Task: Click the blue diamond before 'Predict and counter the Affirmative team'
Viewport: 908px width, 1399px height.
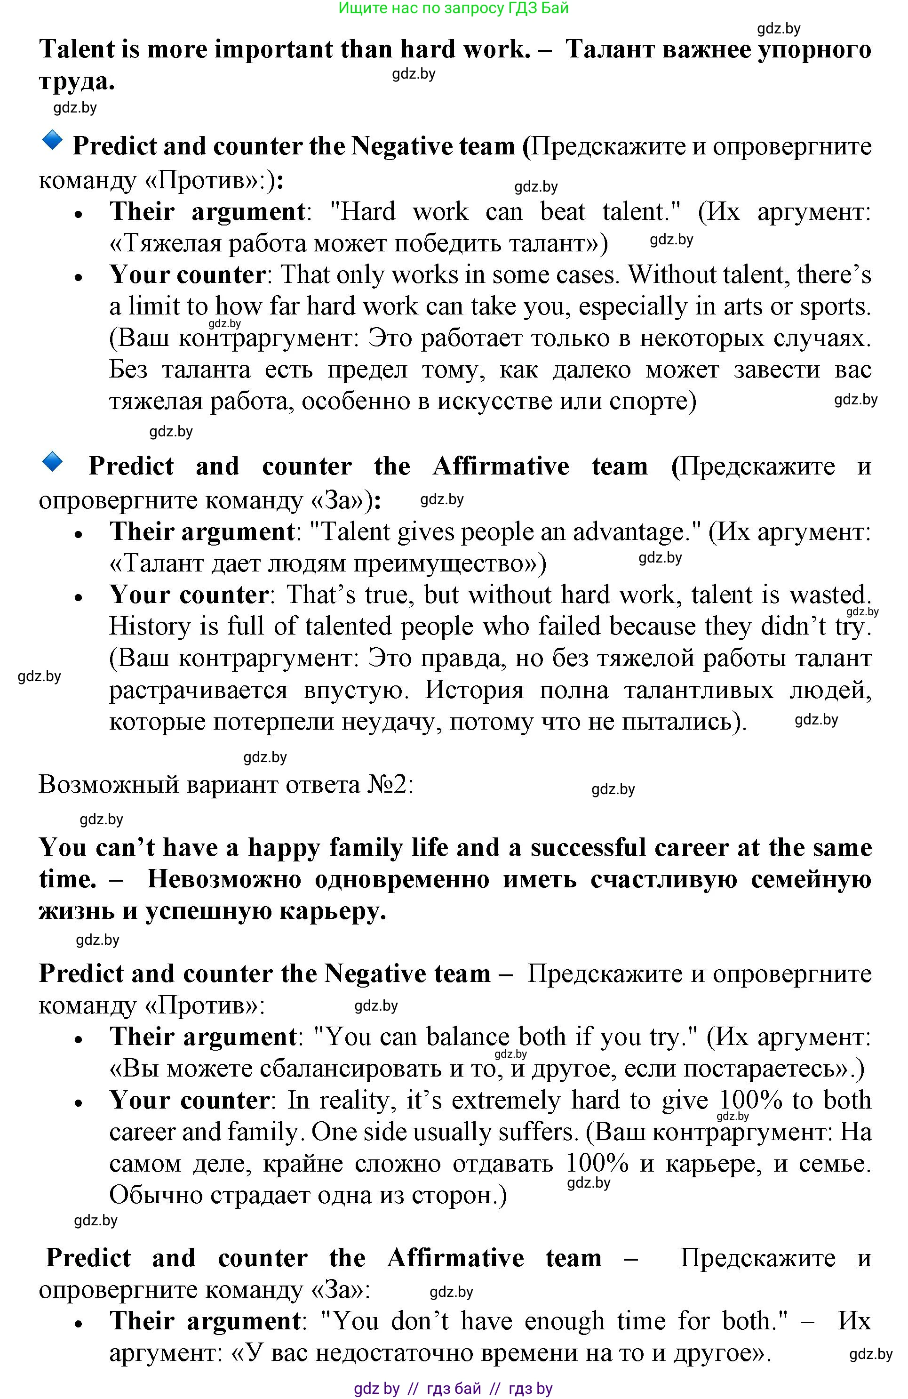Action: tap(52, 461)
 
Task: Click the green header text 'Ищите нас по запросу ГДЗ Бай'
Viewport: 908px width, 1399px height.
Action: tap(454, 8)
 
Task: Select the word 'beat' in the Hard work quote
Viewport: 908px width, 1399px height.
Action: tap(562, 212)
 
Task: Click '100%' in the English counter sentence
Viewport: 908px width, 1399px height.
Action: tap(750, 1101)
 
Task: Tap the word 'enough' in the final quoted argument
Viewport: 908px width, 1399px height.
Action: tap(564, 1322)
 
